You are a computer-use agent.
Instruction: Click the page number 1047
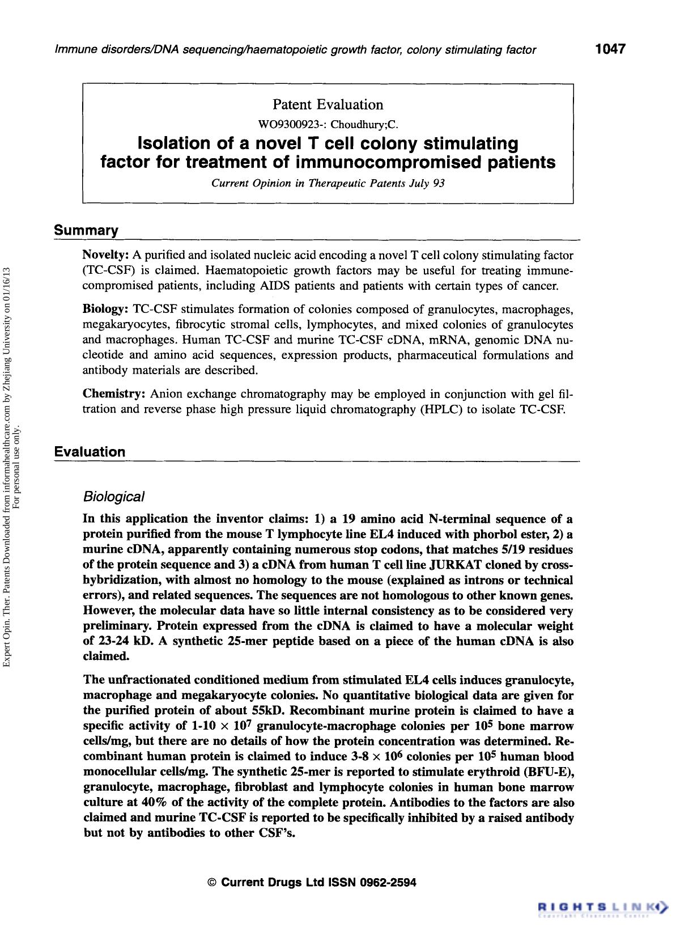pyautogui.click(x=610, y=49)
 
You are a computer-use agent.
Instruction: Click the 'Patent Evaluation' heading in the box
pyautogui.click(x=328, y=104)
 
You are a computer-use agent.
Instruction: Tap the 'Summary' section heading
pyautogui.click(x=86, y=231)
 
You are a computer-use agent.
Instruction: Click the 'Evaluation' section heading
pyautogui.click(x=90, y=452)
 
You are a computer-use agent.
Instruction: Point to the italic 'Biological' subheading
pyautogui.click(x=113, y=497)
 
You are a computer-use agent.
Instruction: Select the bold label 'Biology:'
pyautogui.click(x=105, y=310)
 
